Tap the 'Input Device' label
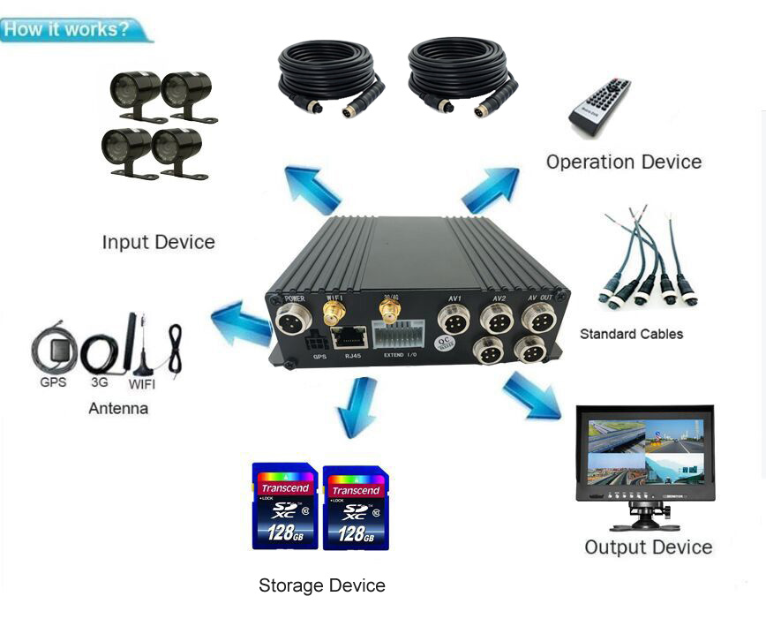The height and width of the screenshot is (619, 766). click(158, 242)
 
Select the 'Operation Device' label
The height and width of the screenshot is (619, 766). click(623, 162)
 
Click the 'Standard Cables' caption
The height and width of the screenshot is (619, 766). click(631, 334)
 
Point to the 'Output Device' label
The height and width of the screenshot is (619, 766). click(648, 547)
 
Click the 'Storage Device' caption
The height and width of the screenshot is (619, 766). click(321, 585)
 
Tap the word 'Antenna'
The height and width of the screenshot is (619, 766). click(118, 409)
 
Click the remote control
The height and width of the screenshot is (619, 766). click(601, 107)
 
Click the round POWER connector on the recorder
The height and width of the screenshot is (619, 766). click(293, 319)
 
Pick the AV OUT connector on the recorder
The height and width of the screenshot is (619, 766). click(538, 319)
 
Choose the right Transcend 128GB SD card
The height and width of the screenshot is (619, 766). click(356, 508)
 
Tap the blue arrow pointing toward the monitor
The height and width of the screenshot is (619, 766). click(532, 396)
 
